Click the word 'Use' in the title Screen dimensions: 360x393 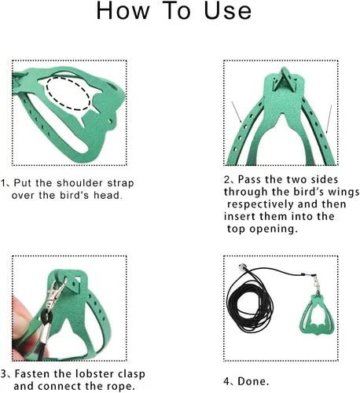pyautogui.click(x=228, y=11)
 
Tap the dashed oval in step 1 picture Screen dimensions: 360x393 pyautogui.click(x=68, y=94)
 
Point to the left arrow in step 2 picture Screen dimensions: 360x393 pyautogui.click(x=237, y=112)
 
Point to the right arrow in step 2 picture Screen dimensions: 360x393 pyautogui.click(x=329, y=119)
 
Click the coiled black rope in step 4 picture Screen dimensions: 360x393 pyautogui.click(x=250, y=308)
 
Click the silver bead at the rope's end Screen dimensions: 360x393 pyautogui.click(x=241, y=268)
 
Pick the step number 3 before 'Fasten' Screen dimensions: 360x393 pyautogui.click(x=3, y=374)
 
